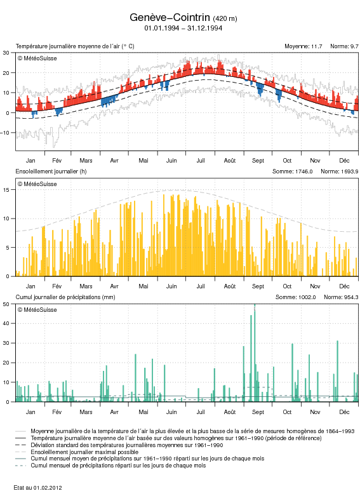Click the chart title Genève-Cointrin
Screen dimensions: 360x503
(170, 17)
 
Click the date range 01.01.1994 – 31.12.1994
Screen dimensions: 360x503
(183, 28)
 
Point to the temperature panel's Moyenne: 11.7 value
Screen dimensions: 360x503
(303, 46)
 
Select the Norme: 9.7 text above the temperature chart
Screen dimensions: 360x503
(344, 46)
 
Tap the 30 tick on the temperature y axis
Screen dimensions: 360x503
(6, 53)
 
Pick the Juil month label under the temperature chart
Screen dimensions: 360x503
(201, 161)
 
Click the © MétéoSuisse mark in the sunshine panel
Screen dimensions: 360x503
(37, 184)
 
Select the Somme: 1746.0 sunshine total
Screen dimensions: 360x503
(292, 171)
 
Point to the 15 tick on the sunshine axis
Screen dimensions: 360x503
(6, 190)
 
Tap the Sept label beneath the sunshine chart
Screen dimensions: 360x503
(258, 286)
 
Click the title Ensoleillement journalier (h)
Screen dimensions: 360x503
(51, 171)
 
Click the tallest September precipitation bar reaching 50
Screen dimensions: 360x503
(255, 353)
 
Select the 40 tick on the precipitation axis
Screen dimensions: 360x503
(6, 324)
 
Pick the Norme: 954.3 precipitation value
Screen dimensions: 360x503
(341, 297)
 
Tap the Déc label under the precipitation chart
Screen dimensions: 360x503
(344, 412)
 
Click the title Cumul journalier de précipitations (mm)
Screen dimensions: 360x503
(65, 297)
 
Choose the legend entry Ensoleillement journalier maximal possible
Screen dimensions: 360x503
(84, 452)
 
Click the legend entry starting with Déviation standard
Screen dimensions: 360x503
(126, 445)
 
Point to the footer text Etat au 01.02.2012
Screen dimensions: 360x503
(38, 488)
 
